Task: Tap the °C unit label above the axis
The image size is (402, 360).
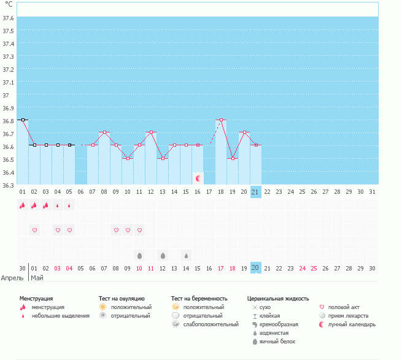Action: coord(8,4)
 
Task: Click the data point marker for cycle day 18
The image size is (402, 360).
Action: coord(221,120)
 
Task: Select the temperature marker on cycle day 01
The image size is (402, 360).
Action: coord(23,120)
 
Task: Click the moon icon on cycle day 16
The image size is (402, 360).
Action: coord(198,178)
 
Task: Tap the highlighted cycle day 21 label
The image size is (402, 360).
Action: coord(255,192)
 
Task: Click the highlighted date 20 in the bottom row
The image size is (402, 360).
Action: coord(255,268)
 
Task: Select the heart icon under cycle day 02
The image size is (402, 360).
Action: coord(34,231)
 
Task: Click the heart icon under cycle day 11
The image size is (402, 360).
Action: coord(139,231)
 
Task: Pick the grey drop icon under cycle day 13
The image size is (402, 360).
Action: coord(163,255)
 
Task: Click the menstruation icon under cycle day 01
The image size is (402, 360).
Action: coord(23,206)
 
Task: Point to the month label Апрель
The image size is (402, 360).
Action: coord(12,278)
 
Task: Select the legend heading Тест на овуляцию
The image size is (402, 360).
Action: coord(122,299)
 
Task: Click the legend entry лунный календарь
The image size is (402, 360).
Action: coord(352,324)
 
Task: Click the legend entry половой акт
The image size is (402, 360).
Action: coord(344,307)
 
